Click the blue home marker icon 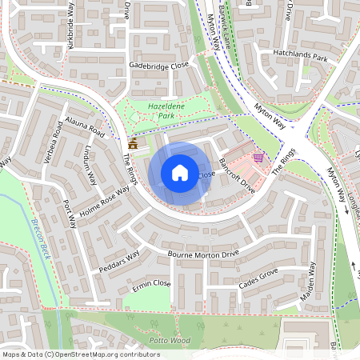tap(180, 173)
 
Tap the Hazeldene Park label tap(155, 110)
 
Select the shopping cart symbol tap(258, 158)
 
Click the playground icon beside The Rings tap(133, 144)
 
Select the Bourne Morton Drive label tap(203, 254)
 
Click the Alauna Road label tap(85, 128)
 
